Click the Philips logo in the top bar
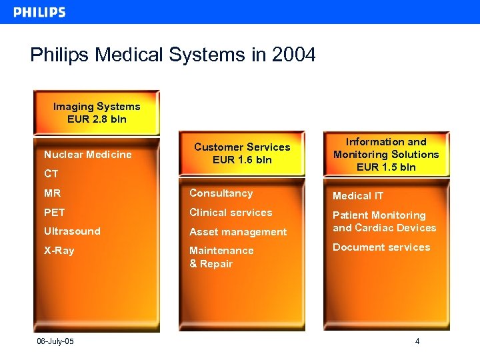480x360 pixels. point(40,12)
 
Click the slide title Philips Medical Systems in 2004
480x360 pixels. point(173,55)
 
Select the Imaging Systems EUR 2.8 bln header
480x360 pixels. point(97,113)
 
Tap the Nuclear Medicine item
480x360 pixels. point(87,155)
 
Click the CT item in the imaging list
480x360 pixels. point(51,174)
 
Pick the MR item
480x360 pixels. point(52,193)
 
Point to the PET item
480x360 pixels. point(55,213)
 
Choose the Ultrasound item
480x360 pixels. point(72,231)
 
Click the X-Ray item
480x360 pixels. point(59,251)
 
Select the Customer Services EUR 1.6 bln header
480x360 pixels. point(242,153)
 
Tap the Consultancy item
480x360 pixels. point(221,193)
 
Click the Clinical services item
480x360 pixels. point(231,213)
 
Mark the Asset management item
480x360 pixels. point(238,232)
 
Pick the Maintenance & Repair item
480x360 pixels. point(221,257)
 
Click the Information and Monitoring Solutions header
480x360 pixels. point(386,154)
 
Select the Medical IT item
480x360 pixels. point(358,196)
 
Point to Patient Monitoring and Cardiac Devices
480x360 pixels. point(384,221)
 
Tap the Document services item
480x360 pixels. point(381,247)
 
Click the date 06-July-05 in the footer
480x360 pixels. point(55,342)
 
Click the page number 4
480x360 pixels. point(417,342)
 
